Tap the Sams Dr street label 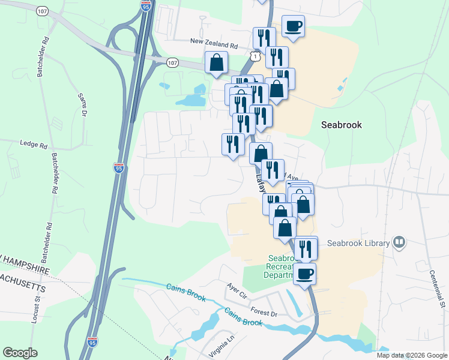[x=83, y=104]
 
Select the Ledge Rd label [x=34, y=145]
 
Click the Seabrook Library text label [x=358, y=243]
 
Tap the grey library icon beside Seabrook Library [x=399, y=242]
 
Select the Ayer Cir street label [x=237, y=290]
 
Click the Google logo [x=20, y=353]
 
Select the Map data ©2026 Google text [x=411, y=355]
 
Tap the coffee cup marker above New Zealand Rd [x=293, y=27]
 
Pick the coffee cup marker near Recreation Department [x=305, y=274]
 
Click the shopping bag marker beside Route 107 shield [x=216, y=63]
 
